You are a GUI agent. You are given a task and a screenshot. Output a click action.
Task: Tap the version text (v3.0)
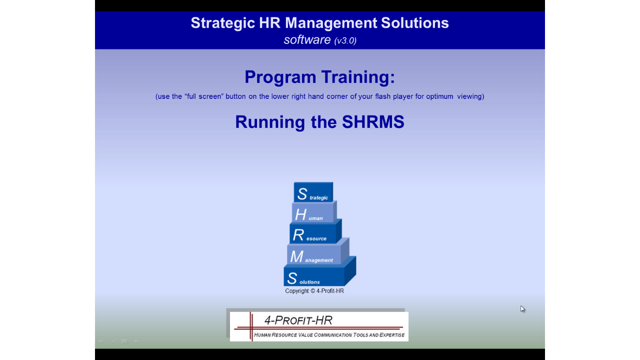tap(345, 40)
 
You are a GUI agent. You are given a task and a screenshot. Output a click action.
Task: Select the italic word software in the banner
tap(307, 39)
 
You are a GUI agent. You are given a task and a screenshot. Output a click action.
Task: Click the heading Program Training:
tap(319, 77)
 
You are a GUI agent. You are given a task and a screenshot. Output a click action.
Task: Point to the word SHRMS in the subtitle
tap(373, 121)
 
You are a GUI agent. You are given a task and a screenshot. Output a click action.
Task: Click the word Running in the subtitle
tap(270, 122)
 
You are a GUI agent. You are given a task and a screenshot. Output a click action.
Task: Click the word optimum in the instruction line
tap(439, 96)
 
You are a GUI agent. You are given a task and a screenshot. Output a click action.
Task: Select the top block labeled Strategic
tap(313, 192)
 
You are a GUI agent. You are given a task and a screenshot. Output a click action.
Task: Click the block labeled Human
tap(313, 212)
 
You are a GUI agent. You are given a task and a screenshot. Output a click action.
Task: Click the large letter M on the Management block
tap(296, 256)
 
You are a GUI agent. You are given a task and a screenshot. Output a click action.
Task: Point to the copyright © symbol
tap(312, 291)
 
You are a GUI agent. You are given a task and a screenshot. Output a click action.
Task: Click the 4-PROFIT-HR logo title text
tap(298, 320)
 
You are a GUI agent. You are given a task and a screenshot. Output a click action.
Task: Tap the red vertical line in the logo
tap(251, 326)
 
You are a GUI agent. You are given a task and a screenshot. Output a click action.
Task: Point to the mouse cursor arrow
tap(522, 309)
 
